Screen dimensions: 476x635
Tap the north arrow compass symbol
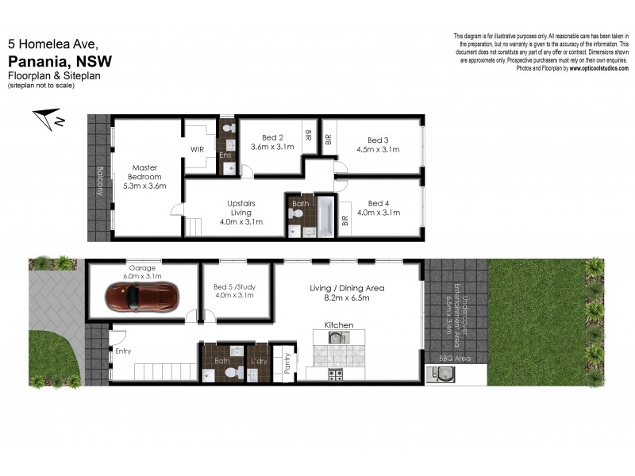48,120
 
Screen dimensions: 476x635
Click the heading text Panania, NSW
60,60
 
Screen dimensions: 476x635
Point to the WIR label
198,148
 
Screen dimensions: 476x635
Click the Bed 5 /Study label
235,287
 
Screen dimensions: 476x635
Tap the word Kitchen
339,325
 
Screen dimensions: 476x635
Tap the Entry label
123,351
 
